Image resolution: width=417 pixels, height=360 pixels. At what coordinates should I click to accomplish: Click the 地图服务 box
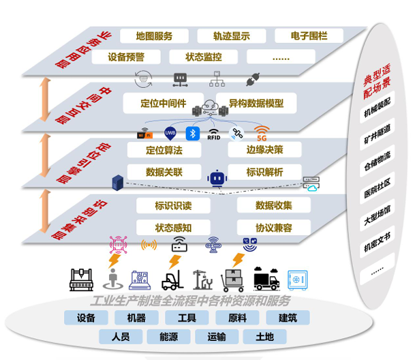click(154, 36)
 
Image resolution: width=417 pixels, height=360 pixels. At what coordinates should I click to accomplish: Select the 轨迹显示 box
click(231, 36)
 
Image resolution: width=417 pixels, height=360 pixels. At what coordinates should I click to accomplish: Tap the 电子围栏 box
click(309, 36)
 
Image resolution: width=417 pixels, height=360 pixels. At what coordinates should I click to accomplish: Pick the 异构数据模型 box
click(256, 104)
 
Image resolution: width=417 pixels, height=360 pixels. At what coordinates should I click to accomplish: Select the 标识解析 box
click(264, 172)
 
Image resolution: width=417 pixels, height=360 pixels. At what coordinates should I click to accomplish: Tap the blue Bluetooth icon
click(192, 133)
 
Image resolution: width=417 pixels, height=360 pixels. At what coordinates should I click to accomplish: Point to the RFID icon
click(214, 134)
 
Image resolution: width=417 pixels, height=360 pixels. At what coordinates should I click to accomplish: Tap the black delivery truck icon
click(266, 279)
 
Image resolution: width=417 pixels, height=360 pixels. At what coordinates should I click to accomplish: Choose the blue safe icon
click(298, 279)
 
